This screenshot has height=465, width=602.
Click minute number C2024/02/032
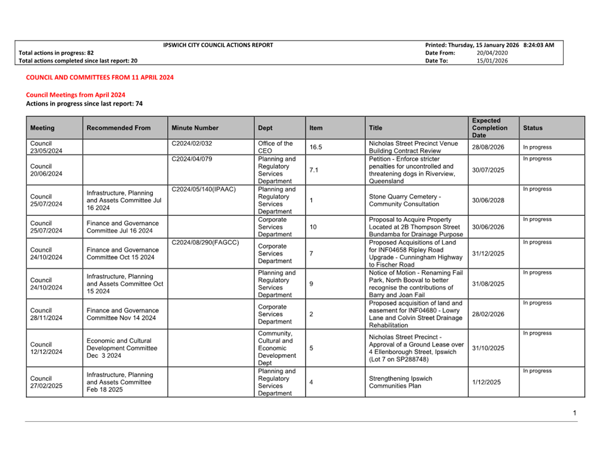pos(192,144)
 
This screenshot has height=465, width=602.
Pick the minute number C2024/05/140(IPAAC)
pos(204,189)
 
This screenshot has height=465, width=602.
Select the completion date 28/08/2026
pos(488,147)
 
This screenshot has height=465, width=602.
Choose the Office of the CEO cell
pos(275,147)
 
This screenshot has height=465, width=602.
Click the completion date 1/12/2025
pos(486,382)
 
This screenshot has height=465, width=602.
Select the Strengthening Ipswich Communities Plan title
pos(401,382)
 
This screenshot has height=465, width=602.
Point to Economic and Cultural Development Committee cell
pos(119,348)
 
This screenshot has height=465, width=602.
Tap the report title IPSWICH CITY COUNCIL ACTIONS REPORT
pos(218,45)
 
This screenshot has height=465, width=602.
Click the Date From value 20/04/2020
pos(492,53)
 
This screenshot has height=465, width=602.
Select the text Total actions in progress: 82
pos(56,53)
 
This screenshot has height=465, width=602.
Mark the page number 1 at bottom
pos(575,413)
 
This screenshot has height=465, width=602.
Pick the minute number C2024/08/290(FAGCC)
pos(205,242)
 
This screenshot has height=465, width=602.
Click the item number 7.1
pos(314,170)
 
